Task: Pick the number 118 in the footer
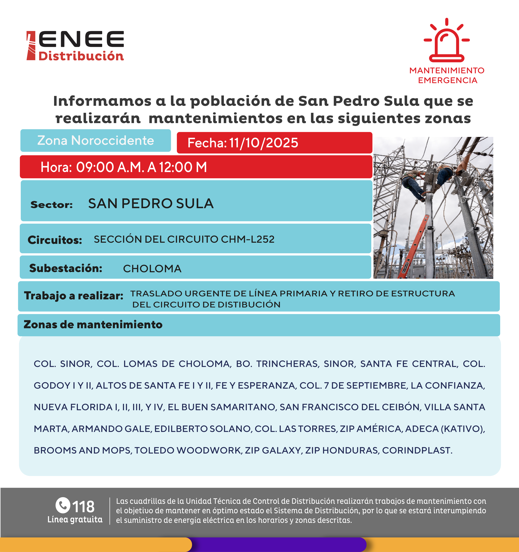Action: pyautogui.click(x=83, y=507)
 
